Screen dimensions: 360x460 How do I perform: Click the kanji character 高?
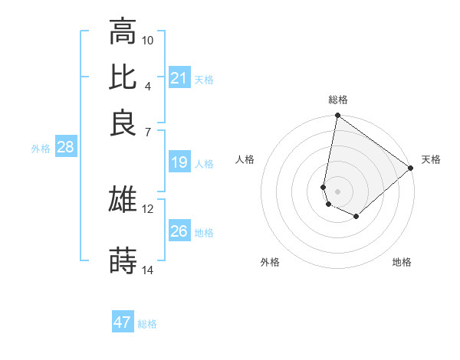(x=123, y=32)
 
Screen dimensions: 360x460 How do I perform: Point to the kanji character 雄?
(x=123, y=199)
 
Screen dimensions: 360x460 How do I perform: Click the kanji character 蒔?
(x=123, y=260)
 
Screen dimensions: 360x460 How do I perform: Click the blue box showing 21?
(x=179, y=78)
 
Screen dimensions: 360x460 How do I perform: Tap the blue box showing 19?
(x=179, y=162)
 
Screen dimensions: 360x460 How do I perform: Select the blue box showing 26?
(x=179, y=231)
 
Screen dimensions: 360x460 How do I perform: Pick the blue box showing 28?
(x=65, y=148)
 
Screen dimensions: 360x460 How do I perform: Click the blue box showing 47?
(x=123, y=322)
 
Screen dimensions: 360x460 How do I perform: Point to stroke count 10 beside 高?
(x=148, y=40)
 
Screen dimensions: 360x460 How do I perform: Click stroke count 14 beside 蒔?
(x=148, y=270)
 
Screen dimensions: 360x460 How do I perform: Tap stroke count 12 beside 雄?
(x=148, y=208)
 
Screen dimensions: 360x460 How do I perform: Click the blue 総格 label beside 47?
(x=147, y=324)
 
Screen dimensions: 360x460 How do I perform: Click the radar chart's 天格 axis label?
(x=431, y=159)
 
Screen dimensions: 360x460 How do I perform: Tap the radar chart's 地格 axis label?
(x=402, y=262)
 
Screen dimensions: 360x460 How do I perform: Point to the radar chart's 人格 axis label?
(x=245, y=159)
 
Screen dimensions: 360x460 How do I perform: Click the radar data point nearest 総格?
(x=337, y=116)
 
